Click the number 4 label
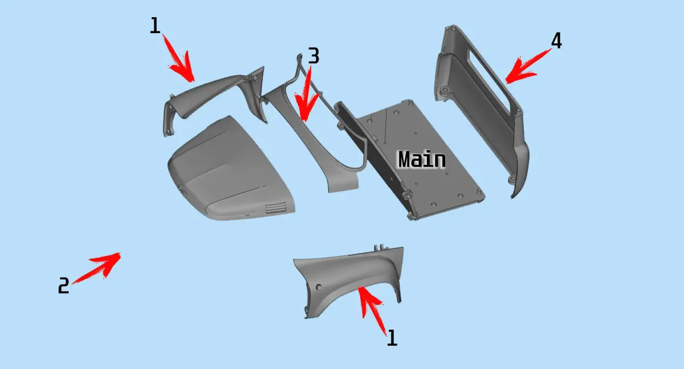[x=556, y=41]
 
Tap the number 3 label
[x=314, y=55]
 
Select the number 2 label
[x=63, y=285]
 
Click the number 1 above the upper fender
[x=155, y=25]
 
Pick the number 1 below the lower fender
[x=392, y=338]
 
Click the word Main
[x=422, y=159]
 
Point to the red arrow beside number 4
[x=528, y=66]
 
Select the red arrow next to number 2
[x=97, y=267]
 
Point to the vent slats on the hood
[x=275, y=208]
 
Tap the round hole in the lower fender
[x=319, y=287]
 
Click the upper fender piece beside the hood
[x=214, y=98]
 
